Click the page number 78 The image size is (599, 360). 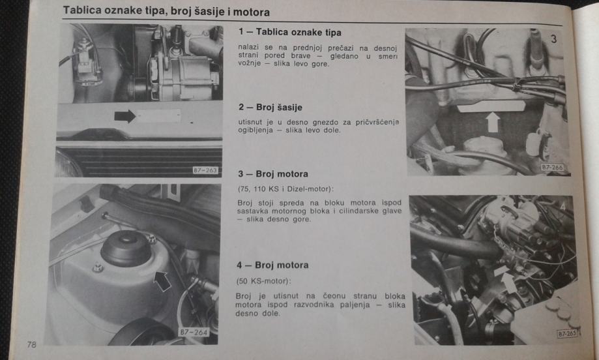coord(31,344)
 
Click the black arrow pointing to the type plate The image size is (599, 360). coord(125,116)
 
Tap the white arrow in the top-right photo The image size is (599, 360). coord(492,122)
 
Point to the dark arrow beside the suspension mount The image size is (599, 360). coord(162,281)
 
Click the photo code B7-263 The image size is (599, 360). coord(205,170)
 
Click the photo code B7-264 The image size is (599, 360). coord(194,332)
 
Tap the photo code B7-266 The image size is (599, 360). coord(552,168)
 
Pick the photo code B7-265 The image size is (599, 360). coord(567,333)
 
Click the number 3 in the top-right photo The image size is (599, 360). coord(553,38)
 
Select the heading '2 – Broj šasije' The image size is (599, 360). coord(270,108)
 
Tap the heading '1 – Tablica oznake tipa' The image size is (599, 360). coord(290,32)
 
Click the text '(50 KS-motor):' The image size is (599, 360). coord(263,281)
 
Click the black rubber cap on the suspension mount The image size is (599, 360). coord(126,249)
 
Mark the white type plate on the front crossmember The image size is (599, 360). coord(158,116)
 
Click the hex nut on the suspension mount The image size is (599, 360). coord(98,267)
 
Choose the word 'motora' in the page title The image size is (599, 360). coord(252,12)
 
